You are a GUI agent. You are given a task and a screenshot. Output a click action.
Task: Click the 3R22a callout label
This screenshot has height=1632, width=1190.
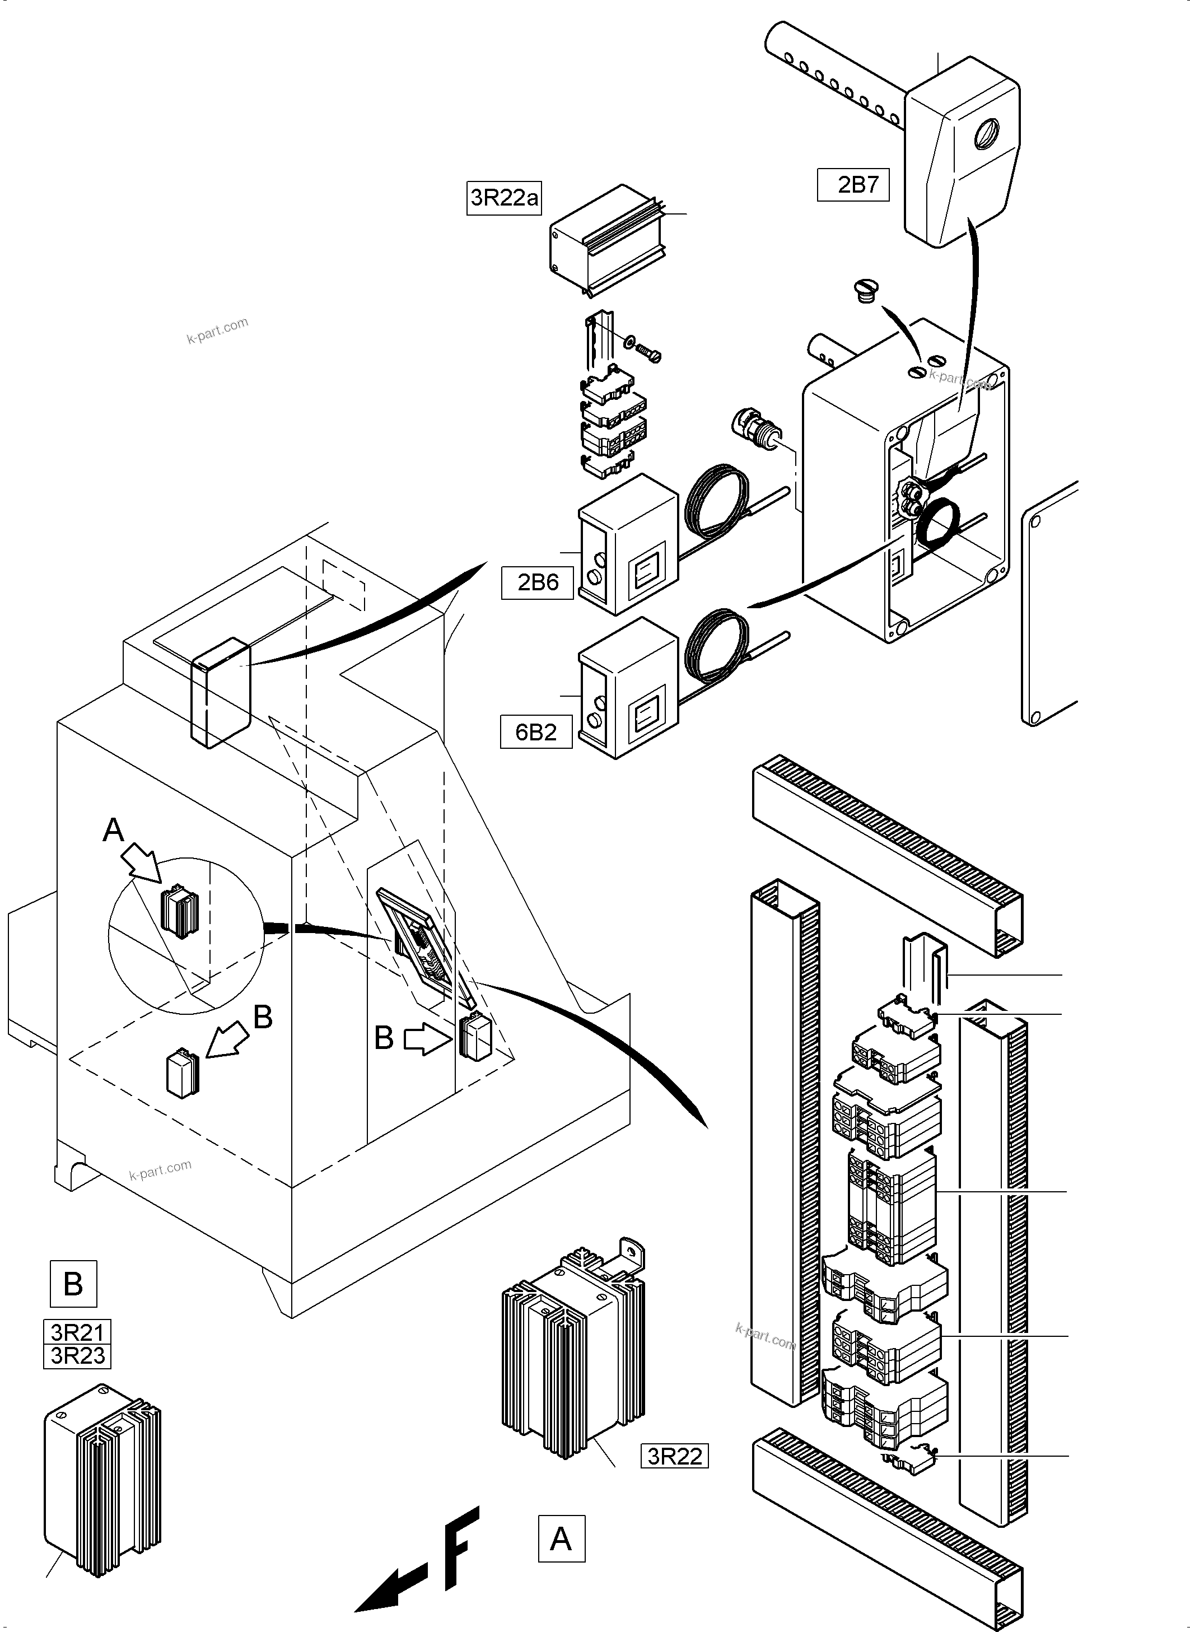(x=503, y=197)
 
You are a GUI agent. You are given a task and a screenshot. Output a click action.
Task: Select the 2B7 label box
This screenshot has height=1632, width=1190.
(x=853, y=185)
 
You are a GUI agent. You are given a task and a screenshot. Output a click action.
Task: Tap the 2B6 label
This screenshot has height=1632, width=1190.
(x=538, y=582)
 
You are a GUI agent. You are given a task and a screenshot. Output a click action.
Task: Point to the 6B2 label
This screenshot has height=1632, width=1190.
(x=536, y=732)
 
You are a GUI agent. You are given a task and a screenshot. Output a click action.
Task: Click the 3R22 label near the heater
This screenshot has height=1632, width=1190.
(x=674, y=1456)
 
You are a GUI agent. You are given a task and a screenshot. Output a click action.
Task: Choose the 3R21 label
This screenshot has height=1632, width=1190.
(x=78, y=1332)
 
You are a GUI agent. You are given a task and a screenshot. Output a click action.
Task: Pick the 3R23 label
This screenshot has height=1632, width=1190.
(x=78, y=1355)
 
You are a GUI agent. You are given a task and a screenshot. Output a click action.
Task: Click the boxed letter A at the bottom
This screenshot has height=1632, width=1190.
(x=561, y=1538)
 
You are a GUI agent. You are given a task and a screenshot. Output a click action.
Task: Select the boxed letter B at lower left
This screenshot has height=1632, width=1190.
(x=73, y=1284)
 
